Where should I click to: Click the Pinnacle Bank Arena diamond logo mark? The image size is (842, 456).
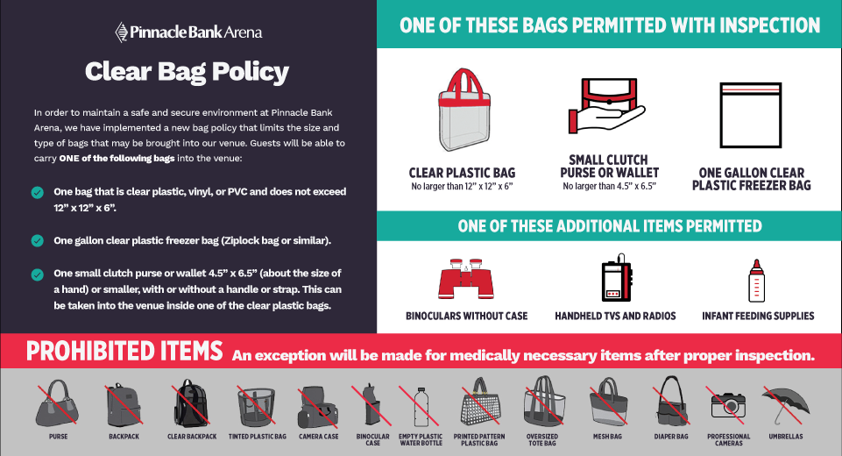[122, 32]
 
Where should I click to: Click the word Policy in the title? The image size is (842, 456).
[250, 73]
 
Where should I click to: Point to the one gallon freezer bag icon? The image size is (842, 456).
[751, 115]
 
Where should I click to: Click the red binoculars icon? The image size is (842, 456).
[466, 279]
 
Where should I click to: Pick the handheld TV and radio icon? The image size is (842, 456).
[617, 277]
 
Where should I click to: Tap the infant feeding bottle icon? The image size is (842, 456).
[757, 281]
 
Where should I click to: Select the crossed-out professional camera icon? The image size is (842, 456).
[727, 405]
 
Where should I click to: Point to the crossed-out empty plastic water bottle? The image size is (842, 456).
[421, 407]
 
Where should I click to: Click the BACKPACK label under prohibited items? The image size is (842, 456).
[124, 437]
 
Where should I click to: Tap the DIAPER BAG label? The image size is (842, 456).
[671, 437]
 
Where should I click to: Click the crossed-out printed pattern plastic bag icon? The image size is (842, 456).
[479, 403]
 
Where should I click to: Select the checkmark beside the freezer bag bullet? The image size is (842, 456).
[38, 240]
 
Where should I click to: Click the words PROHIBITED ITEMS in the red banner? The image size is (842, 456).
[124, 351]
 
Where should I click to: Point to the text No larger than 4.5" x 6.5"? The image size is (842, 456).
[610, 186]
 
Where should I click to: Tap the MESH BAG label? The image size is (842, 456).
[607, 437]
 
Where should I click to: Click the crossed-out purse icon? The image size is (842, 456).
[57, 403]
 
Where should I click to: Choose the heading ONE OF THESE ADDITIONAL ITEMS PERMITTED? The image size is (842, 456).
[610, 226]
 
